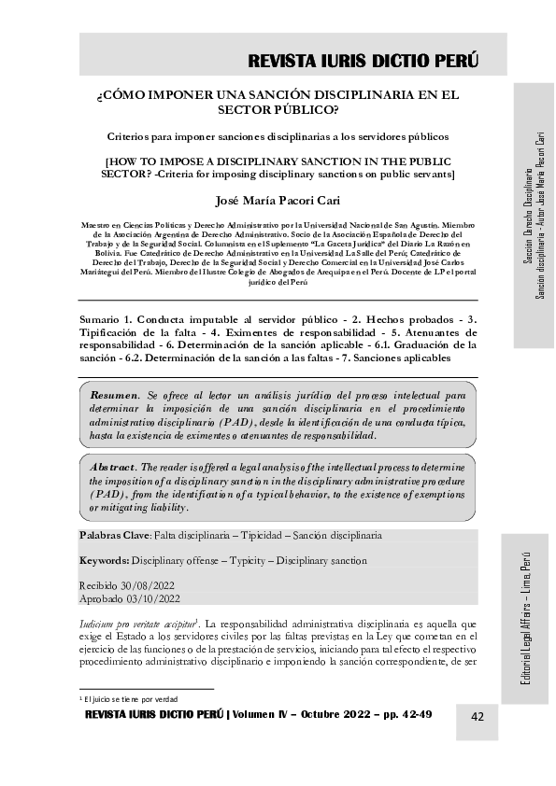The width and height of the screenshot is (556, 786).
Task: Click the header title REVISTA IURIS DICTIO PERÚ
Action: point(364,62)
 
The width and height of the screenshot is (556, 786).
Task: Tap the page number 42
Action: point(477,716)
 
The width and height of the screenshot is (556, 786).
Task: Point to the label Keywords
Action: point(105,561)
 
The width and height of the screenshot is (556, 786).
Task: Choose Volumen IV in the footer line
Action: point(266,715)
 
